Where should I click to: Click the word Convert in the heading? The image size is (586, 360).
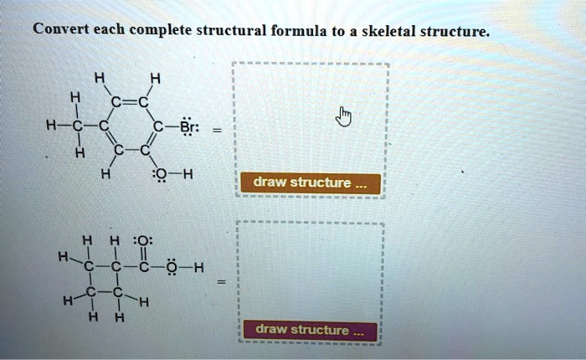tap(59, 31)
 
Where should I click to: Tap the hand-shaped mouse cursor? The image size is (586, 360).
tap(342, 117)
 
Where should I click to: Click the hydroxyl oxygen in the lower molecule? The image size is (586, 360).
tap(172, 269)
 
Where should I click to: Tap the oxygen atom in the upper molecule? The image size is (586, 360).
tap(158, 175)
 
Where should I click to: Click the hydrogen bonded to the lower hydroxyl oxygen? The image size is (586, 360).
tap(199, 269)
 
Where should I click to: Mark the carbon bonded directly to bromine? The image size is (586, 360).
tap(157, 126)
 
